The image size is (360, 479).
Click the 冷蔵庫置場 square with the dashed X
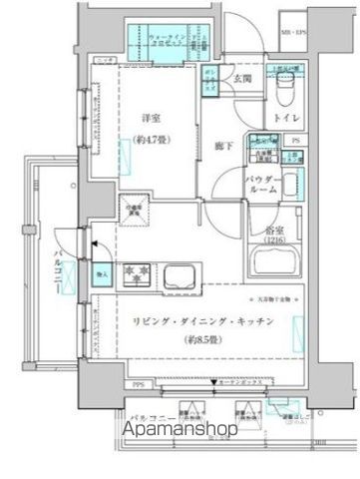point(134,208)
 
